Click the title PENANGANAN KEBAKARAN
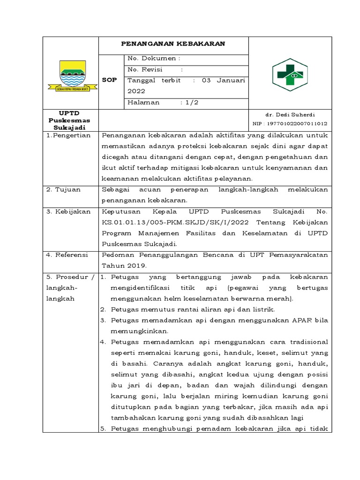[173, 44]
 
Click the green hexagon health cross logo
[290, 75]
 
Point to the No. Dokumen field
[154, 58]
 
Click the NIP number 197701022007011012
[290, 123]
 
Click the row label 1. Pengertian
[68, 135]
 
